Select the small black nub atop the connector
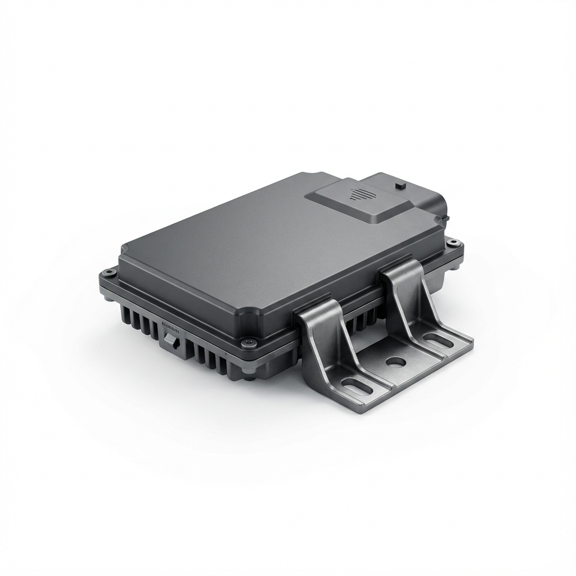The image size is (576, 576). pos(400,184)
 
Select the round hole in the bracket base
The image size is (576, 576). pos(395,362)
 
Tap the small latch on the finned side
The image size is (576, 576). pos(172,340)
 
